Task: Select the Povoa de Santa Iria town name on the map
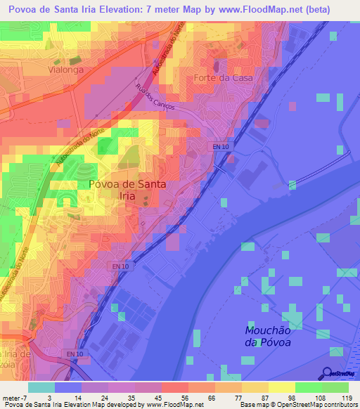[x=127, y=190]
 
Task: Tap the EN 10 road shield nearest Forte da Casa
[x=219, y=146]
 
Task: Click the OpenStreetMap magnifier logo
[x=326, y=374]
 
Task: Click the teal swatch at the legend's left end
[x=41, y=387]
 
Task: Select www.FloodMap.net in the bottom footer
[x=171, y=405]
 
